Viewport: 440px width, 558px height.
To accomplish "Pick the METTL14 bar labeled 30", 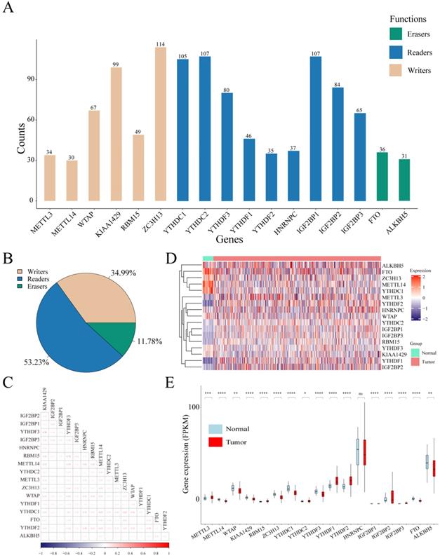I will (x=72, y=180).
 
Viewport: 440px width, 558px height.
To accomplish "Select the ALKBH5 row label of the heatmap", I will (x=393, y=264).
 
